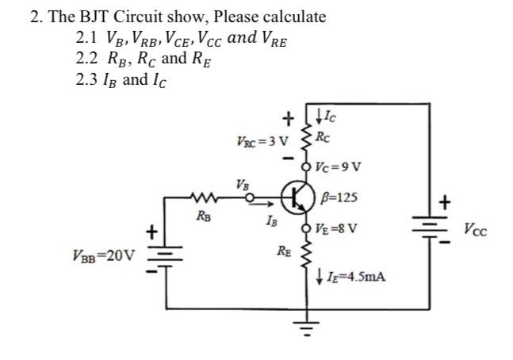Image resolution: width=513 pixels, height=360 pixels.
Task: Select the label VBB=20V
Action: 103,256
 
